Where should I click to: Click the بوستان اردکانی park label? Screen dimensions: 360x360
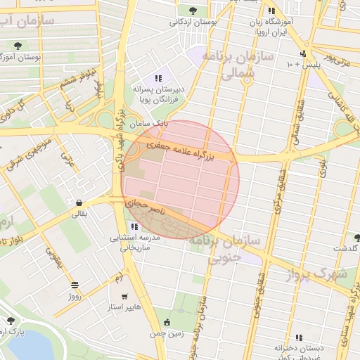click(x=193, y=22)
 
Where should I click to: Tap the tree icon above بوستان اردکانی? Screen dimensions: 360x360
click(x=193, y=10)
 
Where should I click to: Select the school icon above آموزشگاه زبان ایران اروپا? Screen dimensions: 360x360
click(x=271, y=11)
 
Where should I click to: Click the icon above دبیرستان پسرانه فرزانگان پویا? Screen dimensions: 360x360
click(x=159, y=78)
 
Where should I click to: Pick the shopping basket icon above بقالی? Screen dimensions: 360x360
click(x=77, y=203)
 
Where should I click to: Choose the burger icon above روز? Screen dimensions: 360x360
click(x=75, y=285)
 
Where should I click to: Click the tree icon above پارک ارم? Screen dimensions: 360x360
click(x=11, y=321)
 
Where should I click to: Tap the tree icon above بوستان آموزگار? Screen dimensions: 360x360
click(x=17, y=46)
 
